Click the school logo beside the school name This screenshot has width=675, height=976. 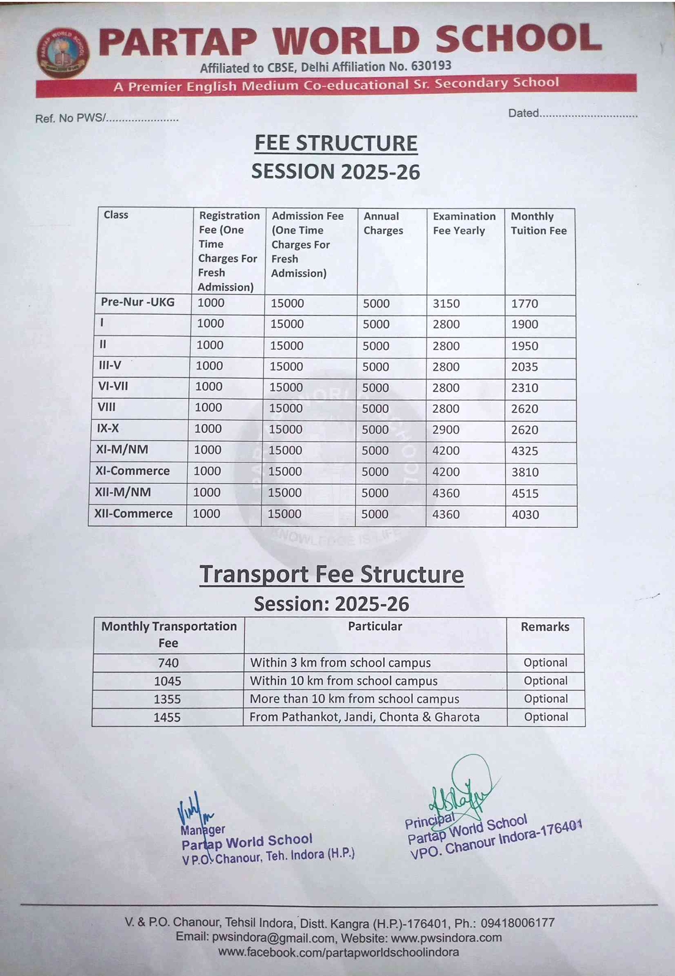tap(62, 54)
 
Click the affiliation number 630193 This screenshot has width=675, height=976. tap(431, 66)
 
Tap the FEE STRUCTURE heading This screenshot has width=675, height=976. tap(336, 143)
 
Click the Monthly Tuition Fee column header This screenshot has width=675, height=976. tap(539, 223)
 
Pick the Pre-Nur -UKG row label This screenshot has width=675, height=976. tap(138, 302)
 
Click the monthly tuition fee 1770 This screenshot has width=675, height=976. tap(525, 304)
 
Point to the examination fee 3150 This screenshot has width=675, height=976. tap(446, 304)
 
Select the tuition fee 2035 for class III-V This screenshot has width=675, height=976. tap(525, 367)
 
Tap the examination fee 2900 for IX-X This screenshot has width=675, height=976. tap(446, 430)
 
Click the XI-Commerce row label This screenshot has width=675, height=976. tap(132, 471)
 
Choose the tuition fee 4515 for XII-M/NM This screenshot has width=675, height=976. tap(525, 493)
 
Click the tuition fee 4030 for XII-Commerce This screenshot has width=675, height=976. tap(525, 514)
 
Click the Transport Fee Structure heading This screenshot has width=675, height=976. tap(331, 574)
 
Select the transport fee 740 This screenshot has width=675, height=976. tap(168, 663)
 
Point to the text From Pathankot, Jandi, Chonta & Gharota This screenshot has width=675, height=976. tap(364, 717)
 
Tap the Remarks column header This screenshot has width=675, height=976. tap(545, 627)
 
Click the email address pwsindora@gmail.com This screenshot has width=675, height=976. tap(273, 938)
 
